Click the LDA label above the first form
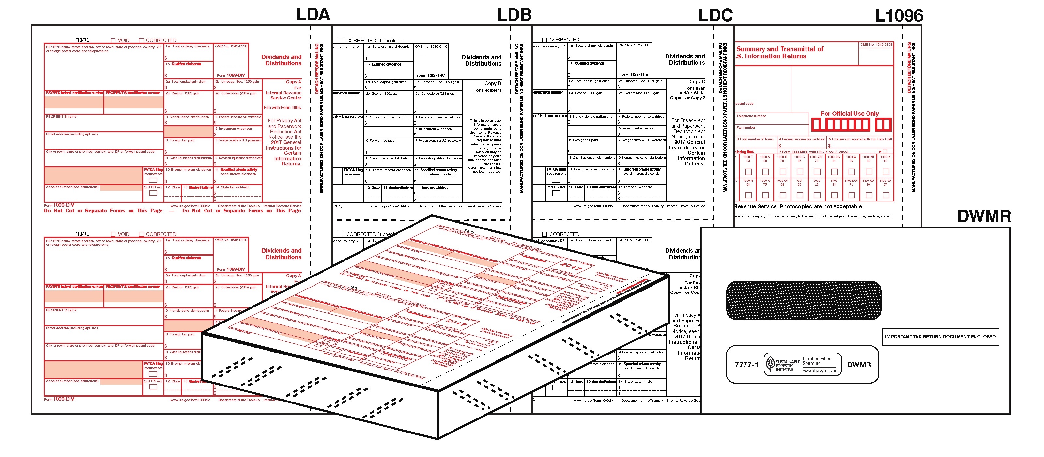point(313,15)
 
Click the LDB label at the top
point(514,15)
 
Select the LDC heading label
point(715,15)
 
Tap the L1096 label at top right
point(898,16)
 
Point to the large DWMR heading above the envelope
point(984,216)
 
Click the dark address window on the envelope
point(803,300)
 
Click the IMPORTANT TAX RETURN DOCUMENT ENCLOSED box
point(940,337)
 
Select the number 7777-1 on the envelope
point(746,365)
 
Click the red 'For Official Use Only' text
point(850,114)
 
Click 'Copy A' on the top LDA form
point(293,82)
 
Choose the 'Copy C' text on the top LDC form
point(697,82)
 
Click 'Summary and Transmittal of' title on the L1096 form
point(780,49)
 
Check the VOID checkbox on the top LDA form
point(114,40)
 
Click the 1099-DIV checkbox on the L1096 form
point(834,172)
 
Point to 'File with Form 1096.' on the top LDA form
point(283,107)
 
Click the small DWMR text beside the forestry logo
point(858,365)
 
